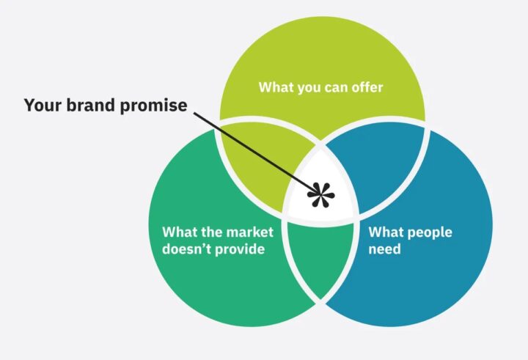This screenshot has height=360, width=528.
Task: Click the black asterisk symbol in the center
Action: point(321,195)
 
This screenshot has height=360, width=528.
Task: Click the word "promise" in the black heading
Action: point(153,106)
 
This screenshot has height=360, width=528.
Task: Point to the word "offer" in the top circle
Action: point(367,87)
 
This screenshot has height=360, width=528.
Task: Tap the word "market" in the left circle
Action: point(249,232)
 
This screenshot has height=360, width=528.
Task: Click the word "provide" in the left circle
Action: point(239,250)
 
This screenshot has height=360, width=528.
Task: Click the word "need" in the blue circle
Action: point(384,249)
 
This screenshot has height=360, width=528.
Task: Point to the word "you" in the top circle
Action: point(309,89)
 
